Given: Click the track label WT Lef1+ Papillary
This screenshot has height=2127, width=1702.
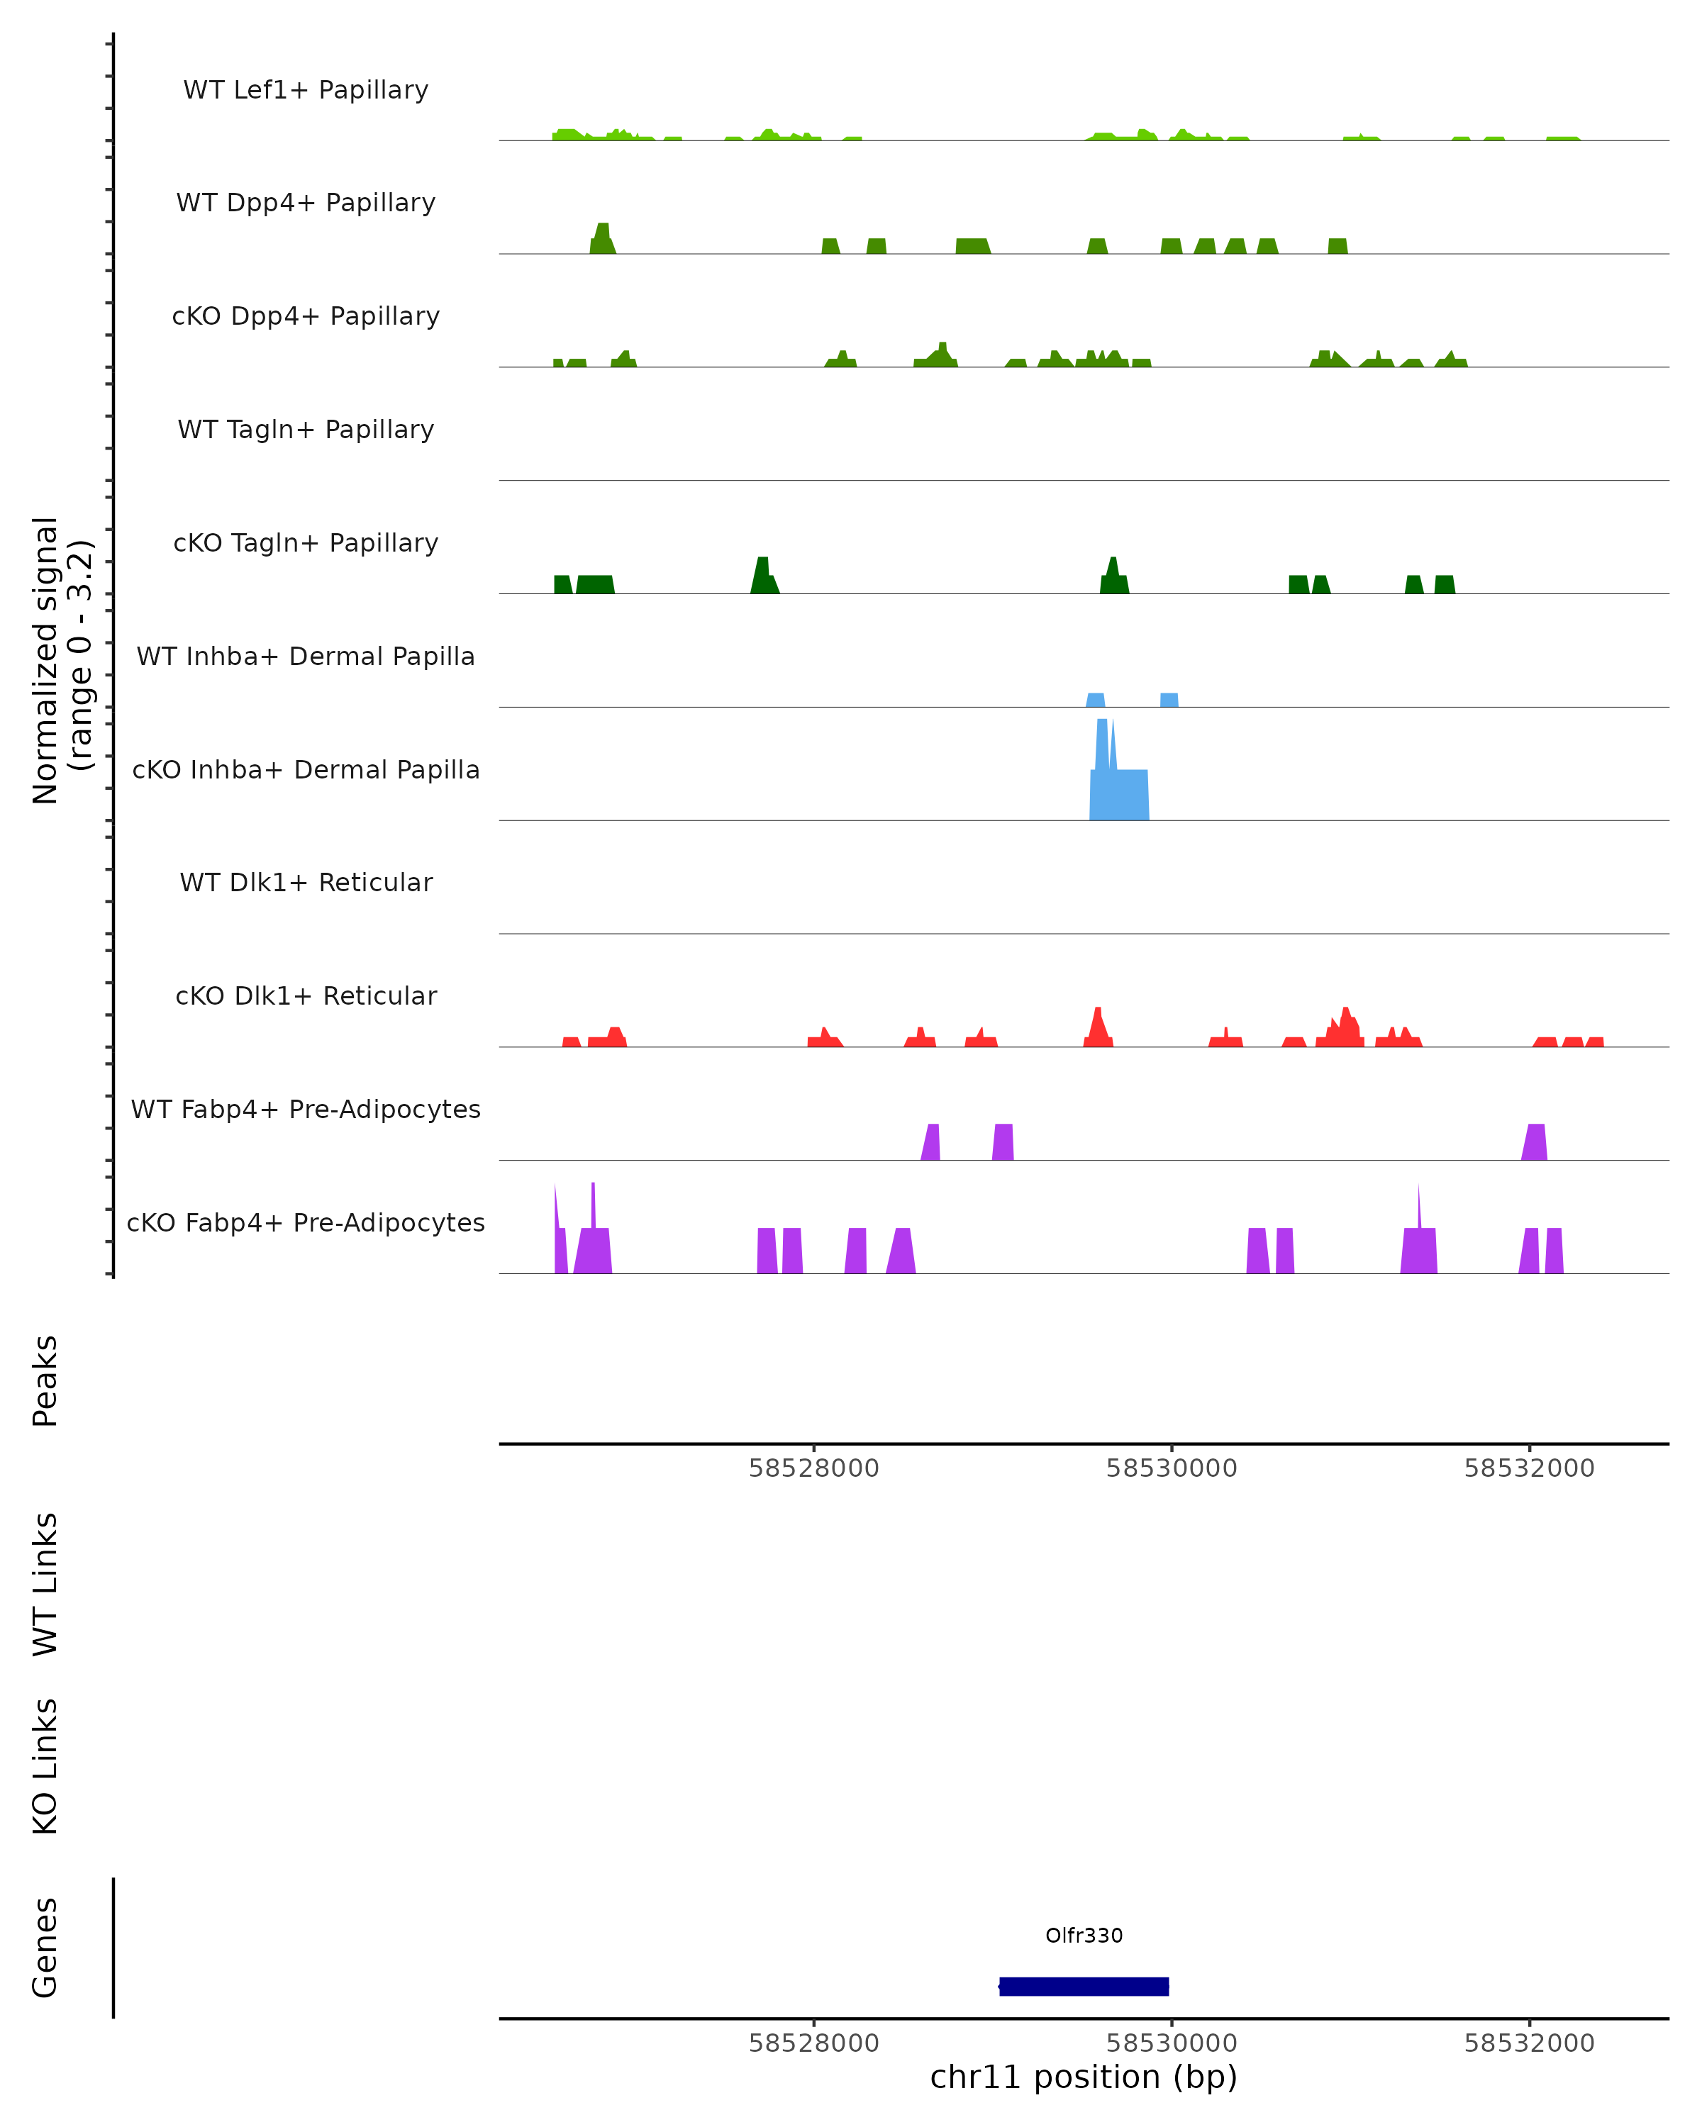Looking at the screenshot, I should [306, 90].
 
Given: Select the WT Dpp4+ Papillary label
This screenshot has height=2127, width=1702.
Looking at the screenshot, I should [306, 203].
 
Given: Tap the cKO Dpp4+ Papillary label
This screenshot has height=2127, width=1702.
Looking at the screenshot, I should [306, 317].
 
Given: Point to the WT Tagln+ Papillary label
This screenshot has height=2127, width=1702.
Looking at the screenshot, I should [306, 430].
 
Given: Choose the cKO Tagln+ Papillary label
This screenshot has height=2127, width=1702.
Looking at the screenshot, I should [306, 544].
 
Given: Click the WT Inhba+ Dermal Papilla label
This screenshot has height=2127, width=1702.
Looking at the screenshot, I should [306, 657].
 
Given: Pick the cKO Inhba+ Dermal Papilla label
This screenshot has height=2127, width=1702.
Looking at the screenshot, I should [306, 771].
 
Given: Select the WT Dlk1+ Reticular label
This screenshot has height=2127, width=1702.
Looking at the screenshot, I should [306, 883].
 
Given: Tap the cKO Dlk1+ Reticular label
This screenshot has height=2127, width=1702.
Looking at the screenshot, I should [306, 996].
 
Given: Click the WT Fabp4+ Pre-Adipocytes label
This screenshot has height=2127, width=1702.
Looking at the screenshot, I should [306, 1110].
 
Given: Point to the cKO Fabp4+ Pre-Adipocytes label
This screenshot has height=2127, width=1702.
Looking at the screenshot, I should [306, 1223].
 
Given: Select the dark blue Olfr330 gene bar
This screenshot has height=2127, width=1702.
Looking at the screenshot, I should [1084, 1986].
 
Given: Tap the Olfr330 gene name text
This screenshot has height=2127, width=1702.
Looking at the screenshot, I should [1084, 1936].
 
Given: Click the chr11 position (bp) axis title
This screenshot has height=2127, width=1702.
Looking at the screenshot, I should [1084, 2077].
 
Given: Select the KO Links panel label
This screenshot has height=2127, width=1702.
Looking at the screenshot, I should [45, 1766].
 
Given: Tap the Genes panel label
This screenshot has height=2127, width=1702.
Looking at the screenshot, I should [45, 1948].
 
